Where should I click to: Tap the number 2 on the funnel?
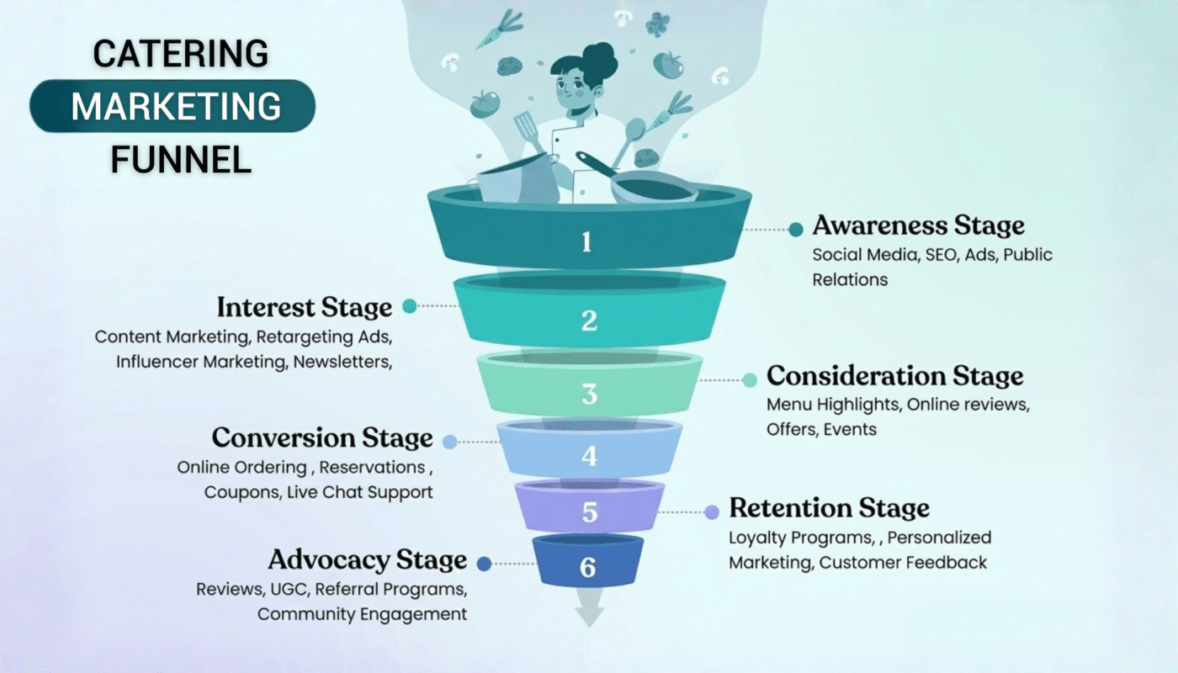click(x=589, y=321)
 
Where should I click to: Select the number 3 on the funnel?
click(x=589, y=394)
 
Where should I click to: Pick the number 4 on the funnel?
click(x=589, y=456)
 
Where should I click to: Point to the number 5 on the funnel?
click(x=589, y=511)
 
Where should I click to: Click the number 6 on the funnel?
click(x=588, y=568)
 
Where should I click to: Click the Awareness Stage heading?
click(x=918, y=226)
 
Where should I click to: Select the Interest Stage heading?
click(x=304, y=307)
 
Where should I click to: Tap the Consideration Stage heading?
click(x=894, y=375)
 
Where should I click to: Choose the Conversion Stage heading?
click(x=322, y=438)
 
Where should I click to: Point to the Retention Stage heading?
click(x=829, y=508)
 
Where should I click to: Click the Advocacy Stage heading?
click(x=367, y=560)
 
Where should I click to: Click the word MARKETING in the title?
click(x=176, y=107)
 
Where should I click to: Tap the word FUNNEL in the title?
click(x=181, y=160)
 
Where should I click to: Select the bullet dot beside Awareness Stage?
click(x=795, y=229)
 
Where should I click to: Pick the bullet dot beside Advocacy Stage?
click(x=484, y=564)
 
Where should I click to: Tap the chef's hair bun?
click(x=599, y=57)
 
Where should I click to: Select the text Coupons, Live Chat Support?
click(x=318, y=492)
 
